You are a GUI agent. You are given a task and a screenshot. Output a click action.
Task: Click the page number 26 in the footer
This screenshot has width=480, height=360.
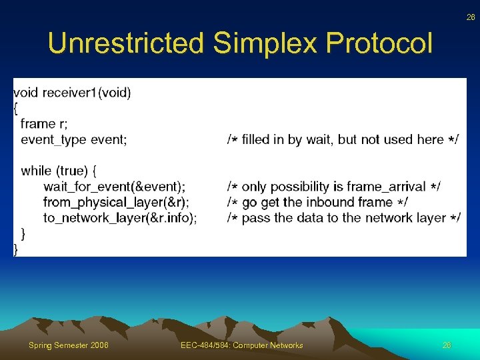(447, 345)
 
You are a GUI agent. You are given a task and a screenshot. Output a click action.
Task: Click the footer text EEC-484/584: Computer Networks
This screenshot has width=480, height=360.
(241, 345)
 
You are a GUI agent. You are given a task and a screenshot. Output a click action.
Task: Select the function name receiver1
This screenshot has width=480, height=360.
(69, 93)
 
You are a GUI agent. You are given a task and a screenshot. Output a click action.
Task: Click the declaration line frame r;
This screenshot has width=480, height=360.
(44, 123)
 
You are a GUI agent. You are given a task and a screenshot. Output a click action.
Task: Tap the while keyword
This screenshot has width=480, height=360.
(37, 171)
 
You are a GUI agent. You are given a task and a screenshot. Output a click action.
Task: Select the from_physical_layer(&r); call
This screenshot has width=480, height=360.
(116, 202)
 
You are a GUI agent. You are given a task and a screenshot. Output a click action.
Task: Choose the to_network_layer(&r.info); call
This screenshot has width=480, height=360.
(120, 217)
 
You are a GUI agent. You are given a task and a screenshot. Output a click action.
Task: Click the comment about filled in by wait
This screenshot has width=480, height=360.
(343, 139)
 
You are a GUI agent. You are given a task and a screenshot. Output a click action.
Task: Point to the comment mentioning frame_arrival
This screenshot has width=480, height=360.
(333, 187)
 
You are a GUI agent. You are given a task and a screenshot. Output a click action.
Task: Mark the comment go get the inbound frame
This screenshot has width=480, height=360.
(318, 202)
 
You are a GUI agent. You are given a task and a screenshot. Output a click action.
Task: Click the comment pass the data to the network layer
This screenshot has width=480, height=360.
(343, 217)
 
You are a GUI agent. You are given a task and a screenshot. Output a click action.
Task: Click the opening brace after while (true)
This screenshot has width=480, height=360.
(101, 171)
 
